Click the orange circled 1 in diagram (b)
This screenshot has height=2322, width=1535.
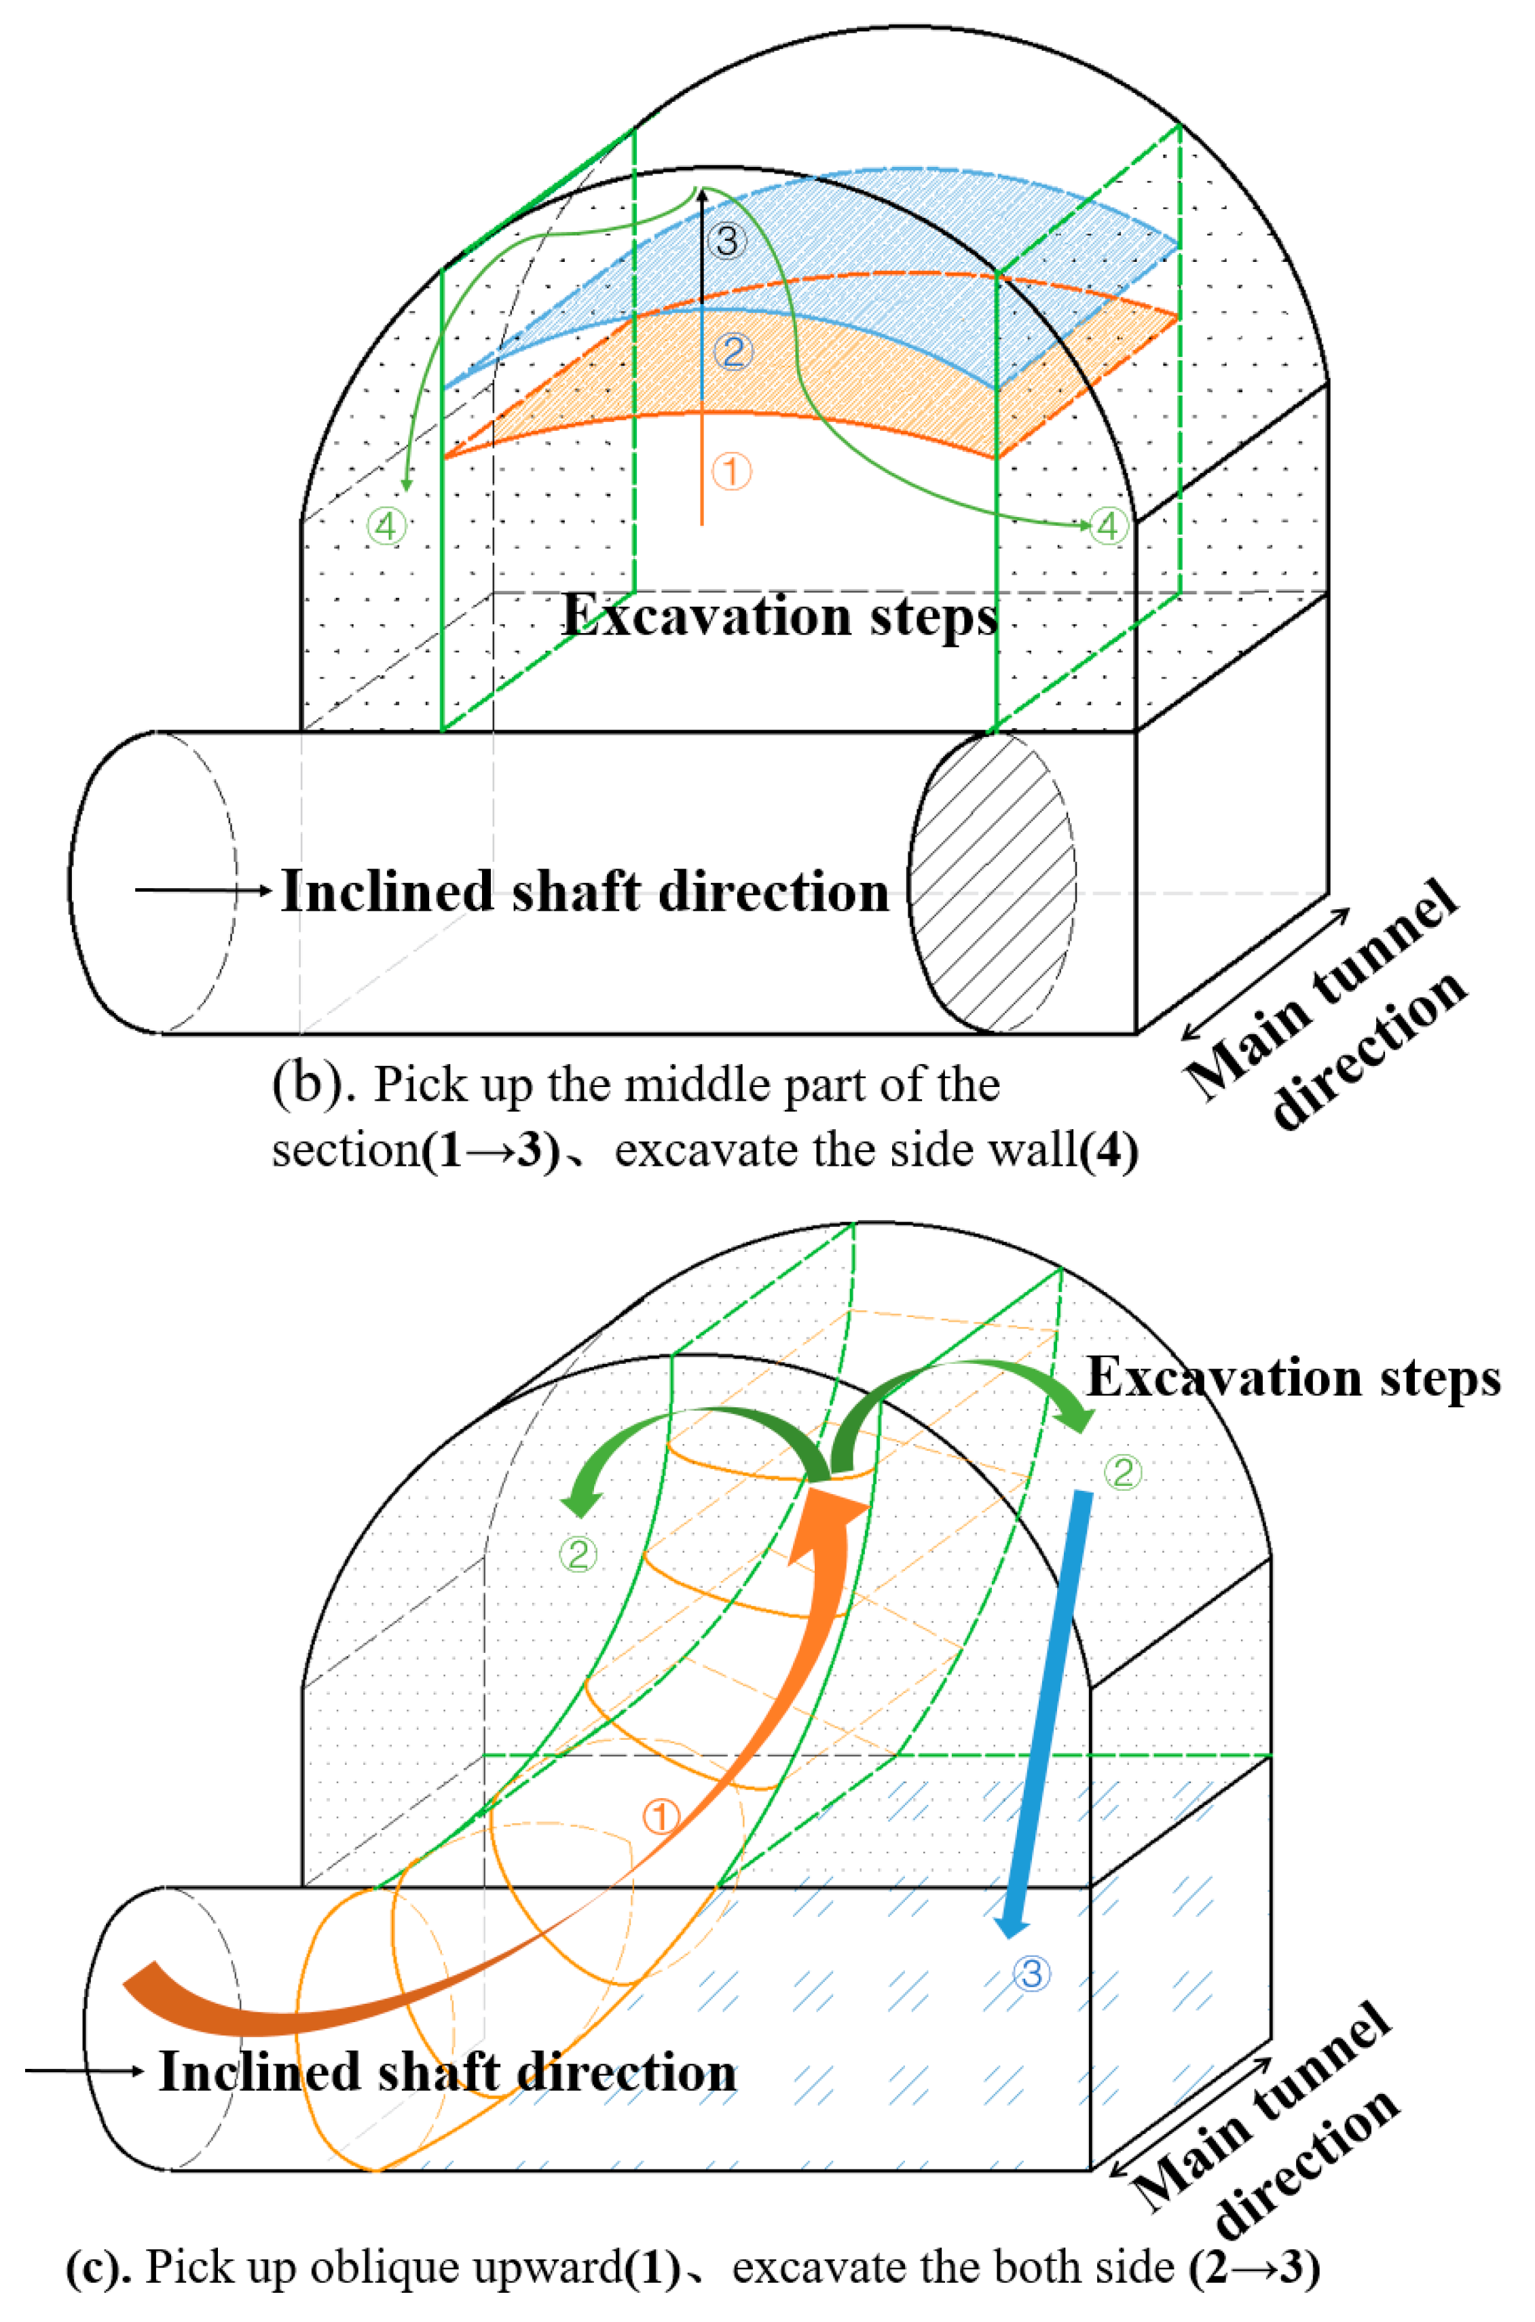[x=731, y=472]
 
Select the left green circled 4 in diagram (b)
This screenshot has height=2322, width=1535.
[x=387, y=527]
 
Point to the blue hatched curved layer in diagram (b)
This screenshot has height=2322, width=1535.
[x=881, y=235]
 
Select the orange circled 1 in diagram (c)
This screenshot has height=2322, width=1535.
[x=661, y=1817]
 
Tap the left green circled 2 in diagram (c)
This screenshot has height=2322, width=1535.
[x=578, y=1554]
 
